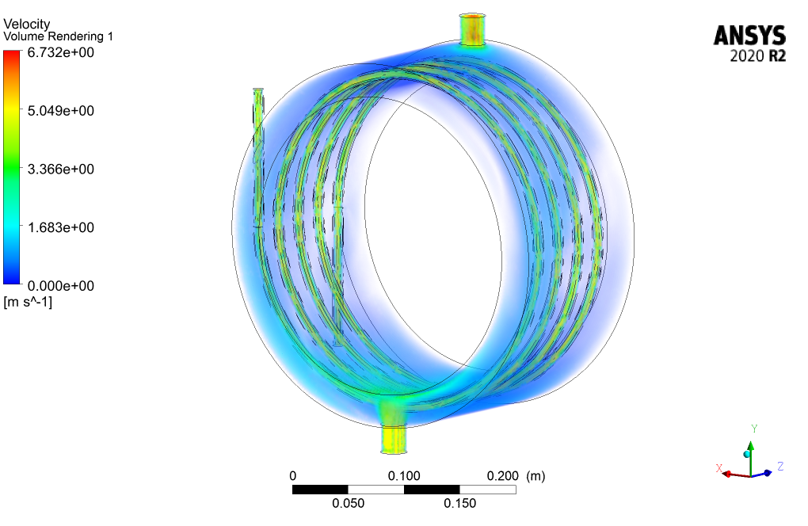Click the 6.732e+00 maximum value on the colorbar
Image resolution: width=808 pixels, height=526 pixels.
pyautogui.click(x=61, y=52)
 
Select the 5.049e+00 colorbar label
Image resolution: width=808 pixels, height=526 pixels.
pyautogui.click(x=61, y=111)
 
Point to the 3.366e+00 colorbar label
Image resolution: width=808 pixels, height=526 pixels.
pyautogui.click(x=61, y=169)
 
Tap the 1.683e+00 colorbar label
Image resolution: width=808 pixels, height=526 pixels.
pyautogui.click(x=61, y=227)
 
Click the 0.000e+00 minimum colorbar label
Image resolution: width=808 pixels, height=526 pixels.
pyautogui.click(x=61, y=285)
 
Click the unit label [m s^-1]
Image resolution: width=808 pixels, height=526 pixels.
pyautogui.click(x=28, y=302)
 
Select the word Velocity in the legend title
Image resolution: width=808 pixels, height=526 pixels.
pyautogui.click(x=27, y=24)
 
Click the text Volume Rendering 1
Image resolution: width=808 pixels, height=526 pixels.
pyautogui.click(x=59, y=36)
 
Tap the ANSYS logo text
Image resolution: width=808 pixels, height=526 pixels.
pyautogui.click(x=749, y=36)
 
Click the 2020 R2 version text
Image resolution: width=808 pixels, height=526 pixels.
pyautogui.click(x=757, y=55)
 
